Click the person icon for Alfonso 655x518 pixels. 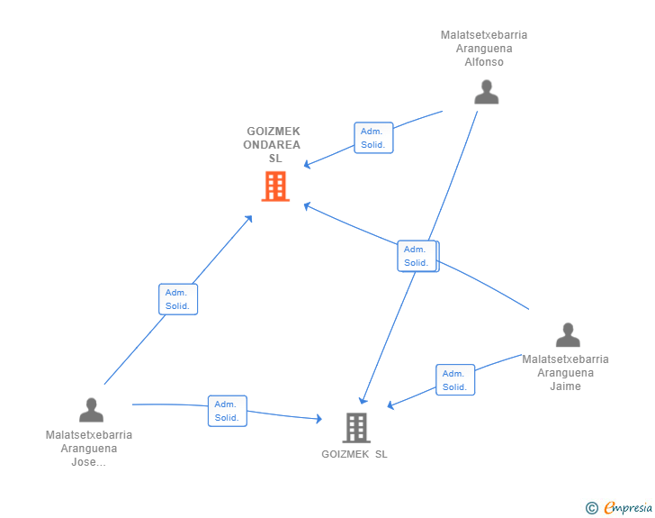(x=486, y=92)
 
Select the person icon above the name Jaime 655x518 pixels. (x=567, y=334)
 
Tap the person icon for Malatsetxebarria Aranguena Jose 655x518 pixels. (x=91, y=410)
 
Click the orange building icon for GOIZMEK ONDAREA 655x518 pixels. (x=275, y=186)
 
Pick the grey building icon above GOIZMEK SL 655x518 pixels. (x=356, y=427)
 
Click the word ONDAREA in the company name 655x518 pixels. (x=274, y=144)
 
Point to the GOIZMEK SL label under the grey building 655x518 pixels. (x=354, y=454)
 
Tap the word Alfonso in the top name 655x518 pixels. (x=484, y=62)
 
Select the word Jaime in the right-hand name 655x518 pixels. (x=565, y=386)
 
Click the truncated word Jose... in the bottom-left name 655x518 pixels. (x=88, y=462)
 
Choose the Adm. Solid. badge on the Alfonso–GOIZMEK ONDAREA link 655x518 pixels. (x=373, y=138)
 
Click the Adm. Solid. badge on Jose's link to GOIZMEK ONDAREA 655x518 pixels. (x=177, y=299)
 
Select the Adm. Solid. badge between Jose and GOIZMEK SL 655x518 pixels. (x=227, y=411)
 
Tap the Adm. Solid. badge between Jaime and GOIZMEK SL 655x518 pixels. (x=454, y=380)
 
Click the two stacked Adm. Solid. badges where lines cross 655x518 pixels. (x=417, y=256)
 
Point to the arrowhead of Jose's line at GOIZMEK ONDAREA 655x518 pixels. (x=250, y=217)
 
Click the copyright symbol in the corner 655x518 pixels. (x=591, y=508)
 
